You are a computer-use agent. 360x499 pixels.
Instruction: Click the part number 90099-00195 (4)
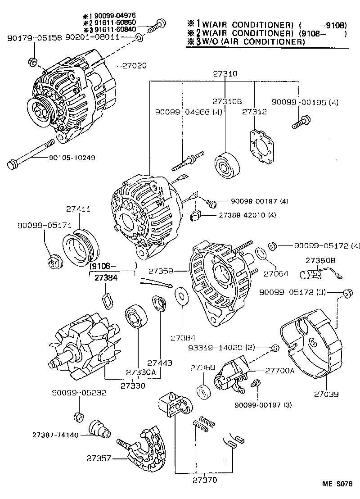305,103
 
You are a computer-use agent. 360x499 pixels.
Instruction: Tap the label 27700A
279,371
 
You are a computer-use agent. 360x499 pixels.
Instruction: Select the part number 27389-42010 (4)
248,215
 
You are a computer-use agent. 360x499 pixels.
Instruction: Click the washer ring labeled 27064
261,254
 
